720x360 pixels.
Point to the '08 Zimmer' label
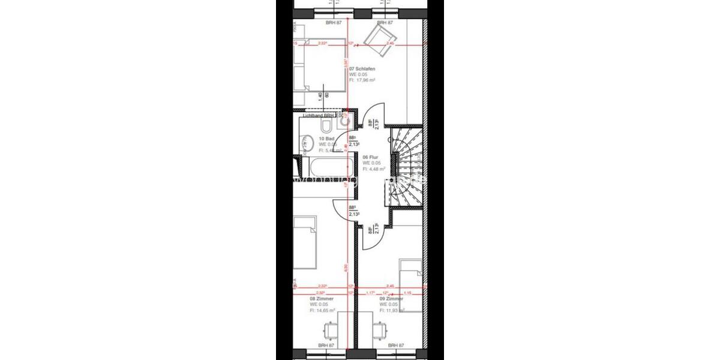[x=321, y=298]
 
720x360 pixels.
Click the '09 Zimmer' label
[x=391, y=298]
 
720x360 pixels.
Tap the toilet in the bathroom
[x=326, y=125]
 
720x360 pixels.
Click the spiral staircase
[x=407, y=167]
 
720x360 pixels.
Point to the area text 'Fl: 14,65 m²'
[x=323, y=311]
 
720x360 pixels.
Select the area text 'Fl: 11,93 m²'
[x=392, y=311]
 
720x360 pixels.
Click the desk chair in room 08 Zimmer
[x=329, y=331]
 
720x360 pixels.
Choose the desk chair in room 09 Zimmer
[x=379, y=331]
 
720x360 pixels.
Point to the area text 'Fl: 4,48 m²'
[x=373, y=169]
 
